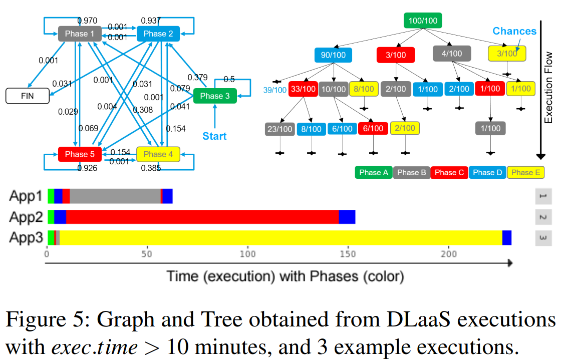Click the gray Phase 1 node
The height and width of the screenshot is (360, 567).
click(x=80, y=34)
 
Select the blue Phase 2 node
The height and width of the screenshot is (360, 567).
click(x=158, y=34)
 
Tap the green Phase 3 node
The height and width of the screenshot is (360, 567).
click(x=215, y=96)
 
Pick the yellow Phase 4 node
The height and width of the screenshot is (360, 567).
click(x=158, y=154)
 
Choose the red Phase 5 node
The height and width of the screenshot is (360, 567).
click(x=80, y=154)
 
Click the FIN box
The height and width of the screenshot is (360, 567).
click(x=28, y=96)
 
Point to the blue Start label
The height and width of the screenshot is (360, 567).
click(x=214, y=136)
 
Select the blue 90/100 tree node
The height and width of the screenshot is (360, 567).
click(x=333, y=55)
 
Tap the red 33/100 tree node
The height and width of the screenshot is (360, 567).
click(x=304, y=89)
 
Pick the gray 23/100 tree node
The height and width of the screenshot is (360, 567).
click(x=279, y=129)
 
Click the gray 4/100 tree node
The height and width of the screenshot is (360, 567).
click(x=452, y=54)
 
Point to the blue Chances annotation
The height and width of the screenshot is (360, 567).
click(x=514, y=31)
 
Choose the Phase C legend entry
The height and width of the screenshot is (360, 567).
click(x=449, y=172)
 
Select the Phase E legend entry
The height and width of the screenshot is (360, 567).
click(x=525, y=172)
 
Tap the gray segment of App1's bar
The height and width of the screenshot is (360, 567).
click(x=115, y=196)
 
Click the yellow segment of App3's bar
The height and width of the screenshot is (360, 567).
click(x=280, y=237)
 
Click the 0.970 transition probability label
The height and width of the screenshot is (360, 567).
click(x=88, y=21)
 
